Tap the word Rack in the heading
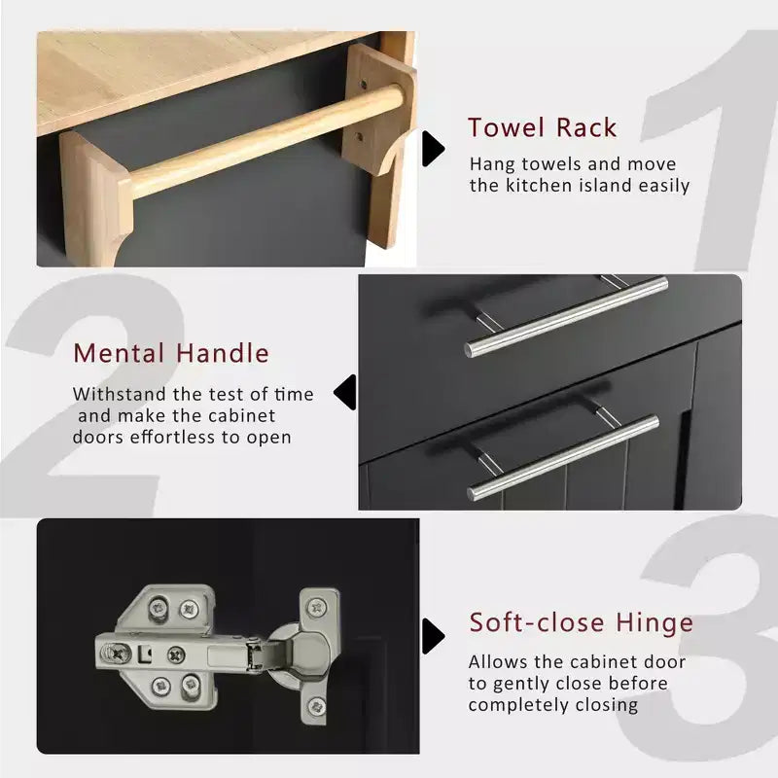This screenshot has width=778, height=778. (586, 127)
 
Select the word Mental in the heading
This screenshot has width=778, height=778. (119, 353)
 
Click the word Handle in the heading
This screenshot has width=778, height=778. (223, 353)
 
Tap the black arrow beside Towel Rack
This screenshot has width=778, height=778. (433, 149)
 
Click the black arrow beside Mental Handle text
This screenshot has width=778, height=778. (345, 392)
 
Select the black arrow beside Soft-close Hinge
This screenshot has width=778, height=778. (433, 636)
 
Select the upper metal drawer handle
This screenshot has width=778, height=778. (567, 317)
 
